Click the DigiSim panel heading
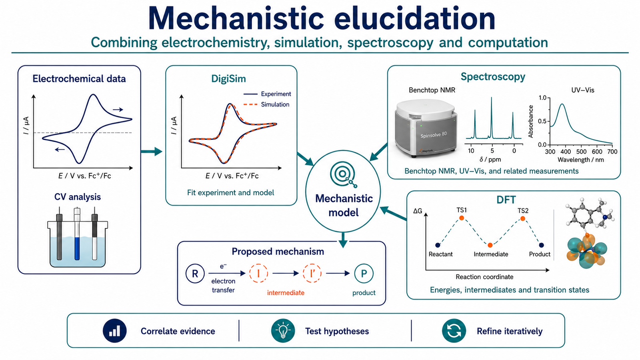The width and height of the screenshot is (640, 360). pyautogui.click(x=228, y=78)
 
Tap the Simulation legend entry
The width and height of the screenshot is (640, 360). pyautogui.click(x=266, y=104)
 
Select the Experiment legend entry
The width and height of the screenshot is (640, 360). pyautogui.click(x=267, y=94)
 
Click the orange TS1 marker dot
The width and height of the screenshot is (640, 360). pyautogui.click(x=462, y=218)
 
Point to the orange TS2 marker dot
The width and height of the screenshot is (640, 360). pyautogui.click(x=522, y=218)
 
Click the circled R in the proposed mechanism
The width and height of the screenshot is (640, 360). pyautogui.click(x=195, y=274)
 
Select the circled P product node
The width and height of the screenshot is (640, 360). pyautogui.click(x=364, y=274)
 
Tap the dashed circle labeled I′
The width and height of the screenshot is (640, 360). pyautogui.click(x=312, y=274)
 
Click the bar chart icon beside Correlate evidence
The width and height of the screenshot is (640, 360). pyautogui.click(x=114, y=330)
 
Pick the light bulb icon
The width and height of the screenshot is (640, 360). pyautogui.click(x=283, y=330)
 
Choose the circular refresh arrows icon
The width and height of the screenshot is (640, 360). pyautogui.click(x=454, y=330)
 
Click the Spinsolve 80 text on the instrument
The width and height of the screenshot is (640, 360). pyautogui.click(x=433, y=134)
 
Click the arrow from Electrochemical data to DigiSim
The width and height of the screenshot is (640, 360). pyautogui.click(x=152, y=151)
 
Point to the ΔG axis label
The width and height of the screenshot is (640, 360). pyautogui.click(x=418, y=211)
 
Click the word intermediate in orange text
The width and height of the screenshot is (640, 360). pyautogui.click(x=286, y=292)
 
